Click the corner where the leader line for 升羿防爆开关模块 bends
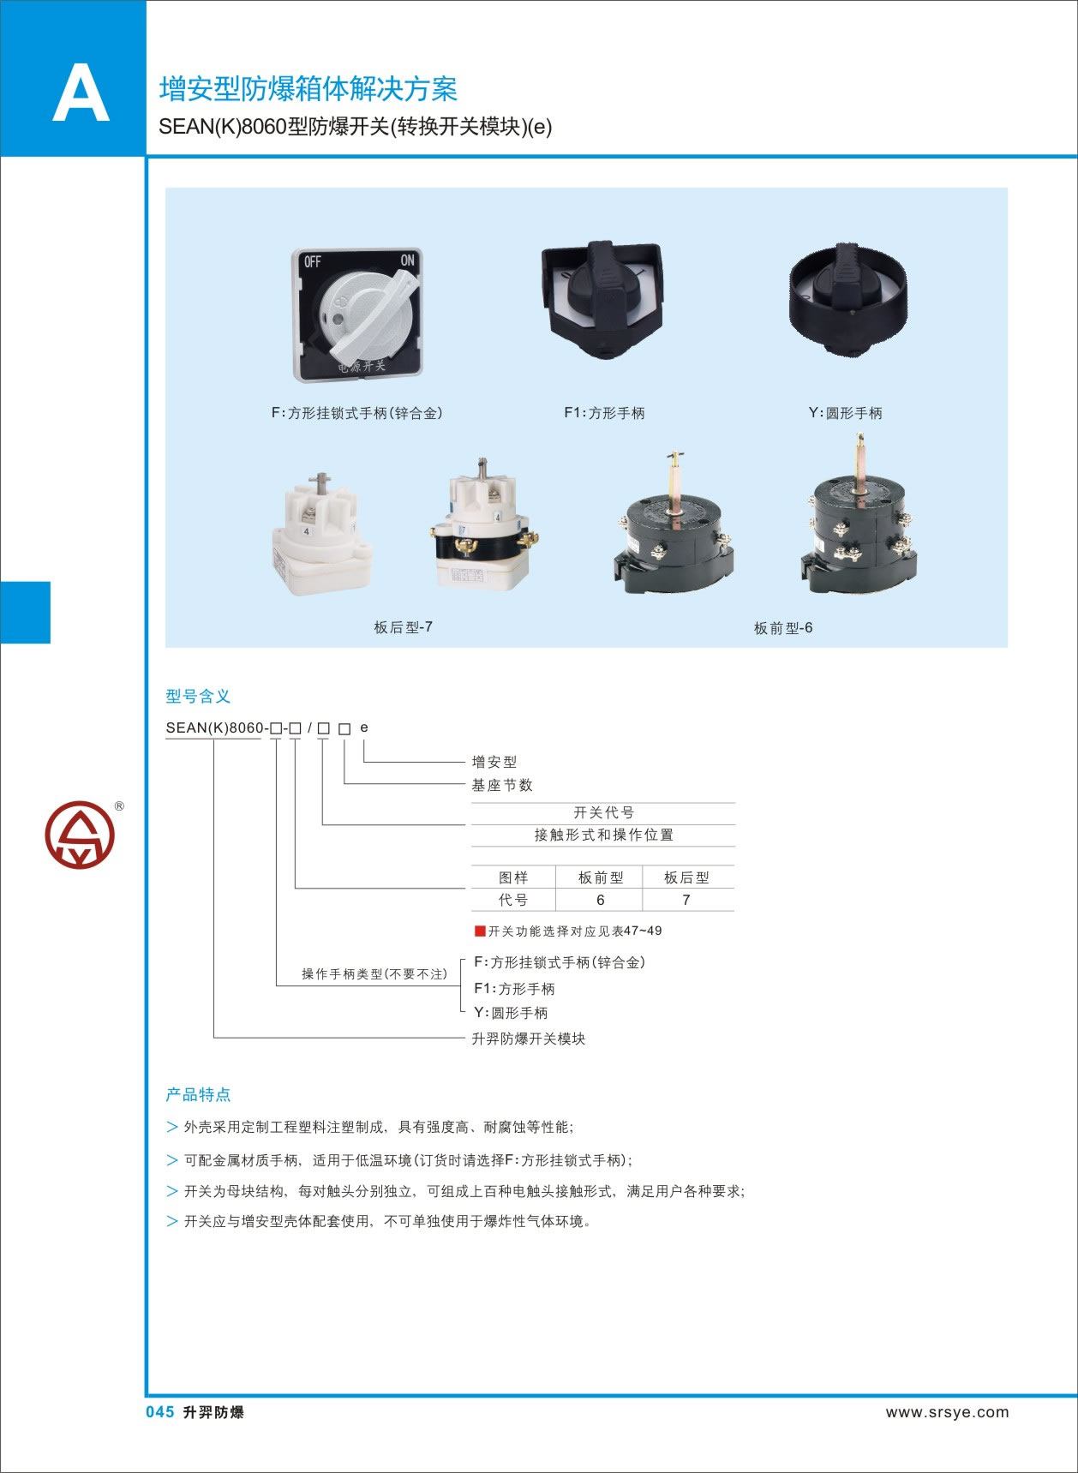(x=214, y=1038)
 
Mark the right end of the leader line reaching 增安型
(x=464, y=761)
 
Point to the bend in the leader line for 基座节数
(x=345, y=783)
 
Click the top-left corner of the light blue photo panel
(x=165, y=188)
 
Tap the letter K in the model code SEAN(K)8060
(x=209, y=728)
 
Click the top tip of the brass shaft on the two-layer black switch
(x=859, y=434)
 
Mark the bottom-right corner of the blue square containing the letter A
(x=147, y=156)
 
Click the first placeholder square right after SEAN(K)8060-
(x=276, y=728)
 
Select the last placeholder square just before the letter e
(x=344, y=728)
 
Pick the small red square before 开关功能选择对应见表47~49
(x=480, y=931)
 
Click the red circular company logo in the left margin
(x=80, y=835)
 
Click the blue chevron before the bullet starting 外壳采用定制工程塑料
(x=172, y=1127)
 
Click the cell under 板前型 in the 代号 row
(x=600, y=900)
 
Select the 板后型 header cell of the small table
(x=687, y=877)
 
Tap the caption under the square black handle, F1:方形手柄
(x=604, y=413)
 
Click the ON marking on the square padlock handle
(x=407, y=260)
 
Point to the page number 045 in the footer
(x=160, y=1412)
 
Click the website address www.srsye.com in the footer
(x=947, y=1412)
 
